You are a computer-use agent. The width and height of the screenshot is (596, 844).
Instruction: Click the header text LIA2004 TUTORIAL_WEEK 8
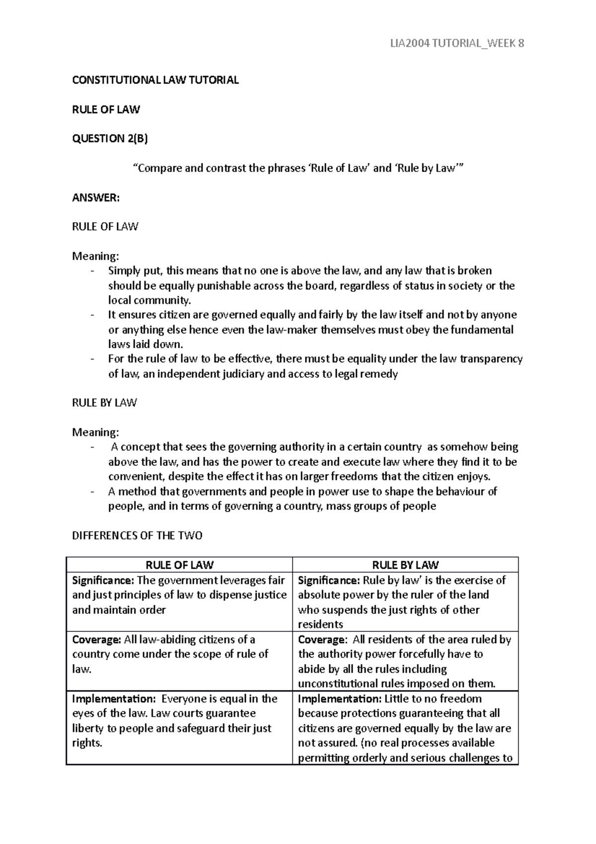pos(457,44)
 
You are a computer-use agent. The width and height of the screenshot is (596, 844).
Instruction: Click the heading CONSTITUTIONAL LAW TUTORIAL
pos(155,80)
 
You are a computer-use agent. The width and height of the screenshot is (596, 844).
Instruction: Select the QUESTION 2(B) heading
pos(110,139)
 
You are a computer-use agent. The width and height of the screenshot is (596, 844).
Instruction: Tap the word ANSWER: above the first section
pos(96,198)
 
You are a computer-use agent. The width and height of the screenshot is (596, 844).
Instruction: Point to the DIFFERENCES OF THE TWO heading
pos(137,536)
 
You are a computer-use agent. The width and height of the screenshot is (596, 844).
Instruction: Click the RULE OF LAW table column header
pos(179,565)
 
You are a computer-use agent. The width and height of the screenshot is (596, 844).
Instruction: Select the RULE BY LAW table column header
pos(405,565)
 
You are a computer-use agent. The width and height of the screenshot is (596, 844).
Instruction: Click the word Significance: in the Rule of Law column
pos(103,580)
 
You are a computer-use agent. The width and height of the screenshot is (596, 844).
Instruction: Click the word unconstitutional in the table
pos(338,683)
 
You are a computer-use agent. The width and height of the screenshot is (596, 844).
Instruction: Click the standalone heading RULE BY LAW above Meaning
pos(104,403)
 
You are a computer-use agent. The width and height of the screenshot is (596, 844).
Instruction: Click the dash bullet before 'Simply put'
pos(92,271)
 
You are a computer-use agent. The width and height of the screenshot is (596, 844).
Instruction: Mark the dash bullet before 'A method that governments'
pos(92,492)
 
